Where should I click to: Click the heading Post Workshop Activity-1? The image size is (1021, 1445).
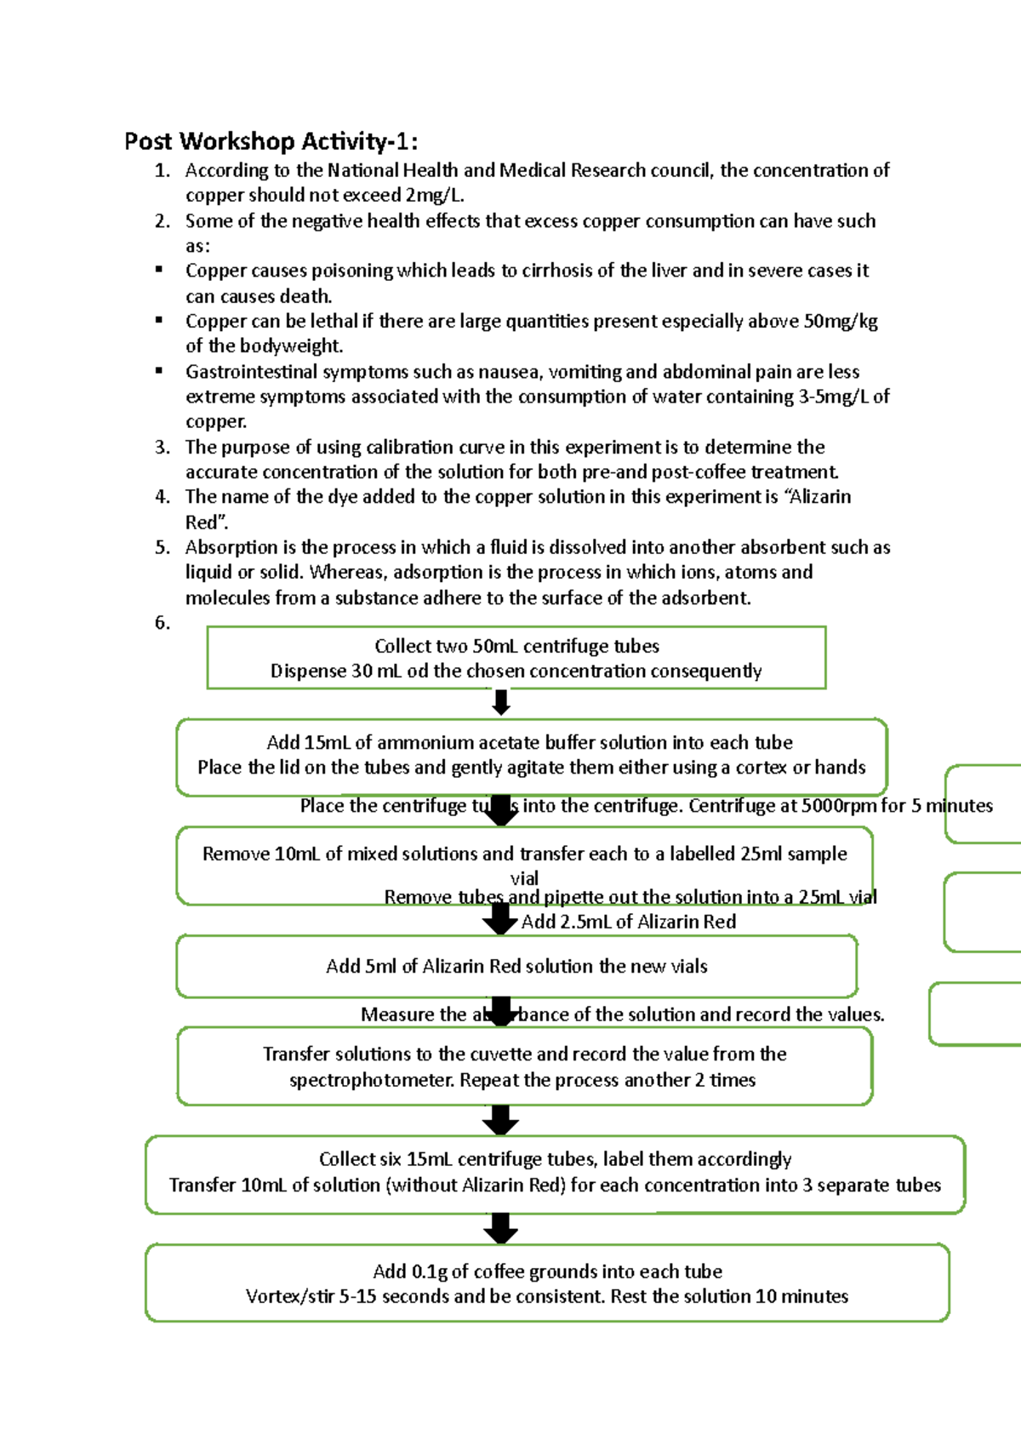pyautogui.click(x=271, y=141)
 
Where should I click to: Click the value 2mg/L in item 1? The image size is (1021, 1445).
pyautogui.click(x=434, y=196)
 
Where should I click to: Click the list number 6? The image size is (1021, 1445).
pyautogui.click(x=162, y=623)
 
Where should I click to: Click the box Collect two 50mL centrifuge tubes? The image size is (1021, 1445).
pyautogui.click(x=516, y=658)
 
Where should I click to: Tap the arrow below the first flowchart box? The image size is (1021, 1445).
pyautogui.click(x=501, y=702)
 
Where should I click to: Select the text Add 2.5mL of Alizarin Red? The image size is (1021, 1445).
pyautogui.click(x=628, y=922)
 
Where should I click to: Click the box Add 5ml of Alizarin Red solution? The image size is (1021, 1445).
pyautogui.click(x=516, y=967)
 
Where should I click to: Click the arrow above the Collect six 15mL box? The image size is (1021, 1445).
pyautogui.click(x=501, y=1120)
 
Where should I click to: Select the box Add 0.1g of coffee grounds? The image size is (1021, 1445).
pyautogui.click(x=547, y=1282)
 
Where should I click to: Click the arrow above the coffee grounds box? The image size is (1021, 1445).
pyautogui.click(x=501, y=1229)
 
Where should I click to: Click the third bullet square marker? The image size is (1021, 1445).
pyautogui.click(x=159, y=370)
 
